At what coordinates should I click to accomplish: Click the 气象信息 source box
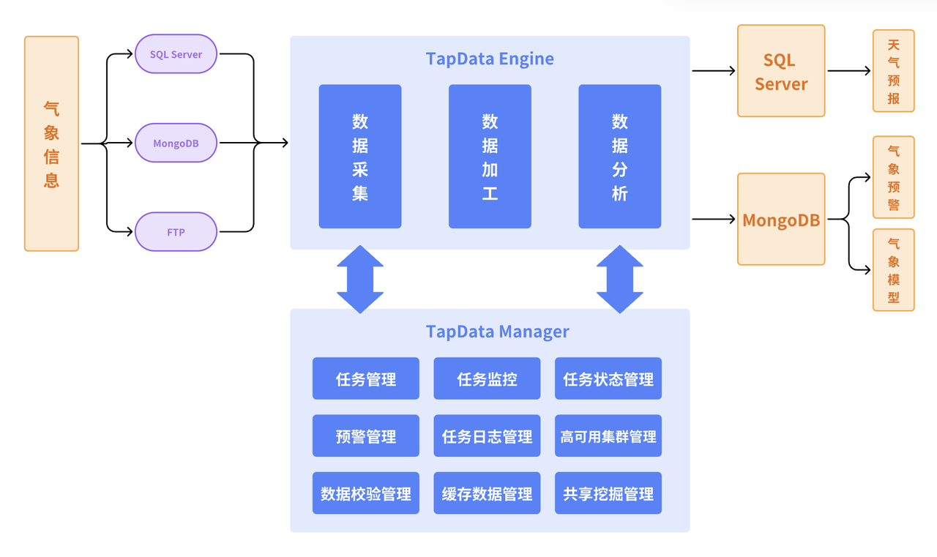51,144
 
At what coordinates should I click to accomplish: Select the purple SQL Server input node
176,55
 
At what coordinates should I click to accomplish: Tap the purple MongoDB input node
176,143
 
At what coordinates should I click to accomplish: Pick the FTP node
176,232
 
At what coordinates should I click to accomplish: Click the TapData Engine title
490,59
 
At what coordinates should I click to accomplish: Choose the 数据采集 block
360,157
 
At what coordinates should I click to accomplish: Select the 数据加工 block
490,157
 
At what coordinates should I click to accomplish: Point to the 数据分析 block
619,157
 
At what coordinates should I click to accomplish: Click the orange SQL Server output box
781,71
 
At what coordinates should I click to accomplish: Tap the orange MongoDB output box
781,220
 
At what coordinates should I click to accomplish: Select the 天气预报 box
893,71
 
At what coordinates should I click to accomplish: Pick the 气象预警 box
893,177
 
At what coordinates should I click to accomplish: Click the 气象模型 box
893,270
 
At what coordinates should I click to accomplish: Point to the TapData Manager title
498,332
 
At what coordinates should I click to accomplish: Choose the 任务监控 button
487,379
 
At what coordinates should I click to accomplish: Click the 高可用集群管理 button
608,437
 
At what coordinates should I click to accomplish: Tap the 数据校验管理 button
366,494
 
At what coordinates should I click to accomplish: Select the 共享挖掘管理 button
608,494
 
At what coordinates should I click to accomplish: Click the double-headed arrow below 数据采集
360,279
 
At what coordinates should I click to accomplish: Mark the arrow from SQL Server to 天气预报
849,71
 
